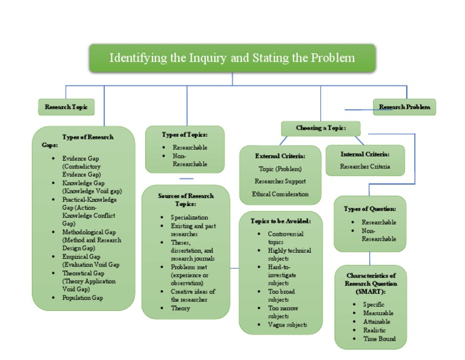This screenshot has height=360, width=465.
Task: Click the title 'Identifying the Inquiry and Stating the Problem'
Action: (x=232, y=58)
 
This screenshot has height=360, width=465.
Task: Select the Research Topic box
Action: (x=66, y=107)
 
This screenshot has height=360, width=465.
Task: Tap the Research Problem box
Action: (x=404, y=107)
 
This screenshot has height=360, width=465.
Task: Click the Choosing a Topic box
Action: (x=320, y=128)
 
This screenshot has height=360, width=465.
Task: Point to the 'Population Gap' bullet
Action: (x=82, y=298)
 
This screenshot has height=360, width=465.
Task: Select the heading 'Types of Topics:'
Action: (x=185, y=135)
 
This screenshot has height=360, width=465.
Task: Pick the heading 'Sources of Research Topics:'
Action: (x=186, y=199)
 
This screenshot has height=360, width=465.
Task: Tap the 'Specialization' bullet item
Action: (x=189, y=217)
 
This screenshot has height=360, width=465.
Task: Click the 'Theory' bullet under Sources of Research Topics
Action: (x=180, y=308)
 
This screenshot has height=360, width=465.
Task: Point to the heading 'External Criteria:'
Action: (x=280, y=155)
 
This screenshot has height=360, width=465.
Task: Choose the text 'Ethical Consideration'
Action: (x=280, y=194)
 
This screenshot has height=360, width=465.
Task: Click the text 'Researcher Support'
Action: (x=280, y=181)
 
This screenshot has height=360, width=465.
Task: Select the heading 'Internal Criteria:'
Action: (x=364, y=154)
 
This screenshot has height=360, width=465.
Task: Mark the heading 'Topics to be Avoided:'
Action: (x=280, y=221)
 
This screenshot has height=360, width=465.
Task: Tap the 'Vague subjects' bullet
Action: (x=288, y=325)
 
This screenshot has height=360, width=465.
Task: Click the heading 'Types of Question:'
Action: (x=370, y=208)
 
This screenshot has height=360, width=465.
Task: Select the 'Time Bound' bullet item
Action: (x=378, y=339)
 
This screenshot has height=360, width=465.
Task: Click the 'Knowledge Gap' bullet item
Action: (x=83, y=182)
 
